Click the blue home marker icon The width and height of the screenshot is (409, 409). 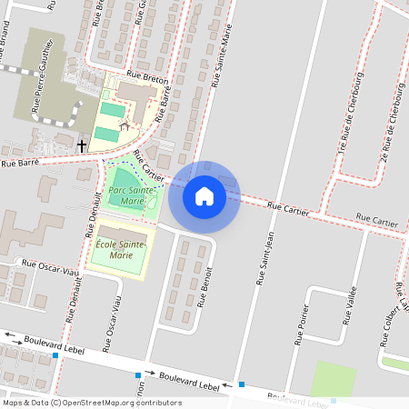pos(204,195)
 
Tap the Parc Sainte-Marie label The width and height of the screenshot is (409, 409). pos(127,195)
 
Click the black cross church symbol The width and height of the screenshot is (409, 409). pos(82,145)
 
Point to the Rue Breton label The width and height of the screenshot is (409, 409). pos(147,80)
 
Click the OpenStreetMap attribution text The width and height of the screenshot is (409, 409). pos(91,402)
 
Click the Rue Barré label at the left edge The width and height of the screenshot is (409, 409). pos(18,162)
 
